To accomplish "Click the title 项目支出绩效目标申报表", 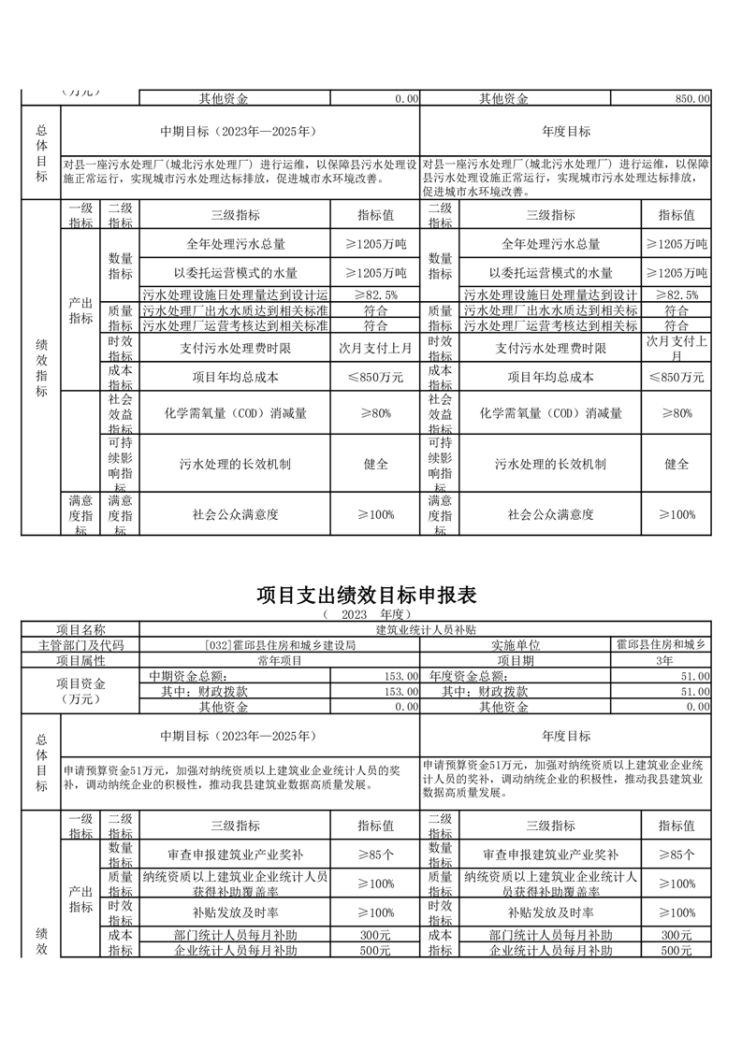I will tap(371, 596).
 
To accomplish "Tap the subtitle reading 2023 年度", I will tap(371, 615).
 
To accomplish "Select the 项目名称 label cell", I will tap(80, 631).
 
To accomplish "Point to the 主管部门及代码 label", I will tap(80, 645).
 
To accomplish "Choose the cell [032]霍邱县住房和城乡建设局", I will tap(280, 645).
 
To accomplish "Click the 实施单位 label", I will tap(516, 645).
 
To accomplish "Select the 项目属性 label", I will tap(80, 660).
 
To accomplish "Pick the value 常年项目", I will tap(280, 660).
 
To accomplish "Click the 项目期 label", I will tap(516, 660).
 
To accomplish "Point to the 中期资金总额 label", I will tap(188, 676).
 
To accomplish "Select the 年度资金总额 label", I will tap(468, 676).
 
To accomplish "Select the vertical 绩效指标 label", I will tap(40, 367).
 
